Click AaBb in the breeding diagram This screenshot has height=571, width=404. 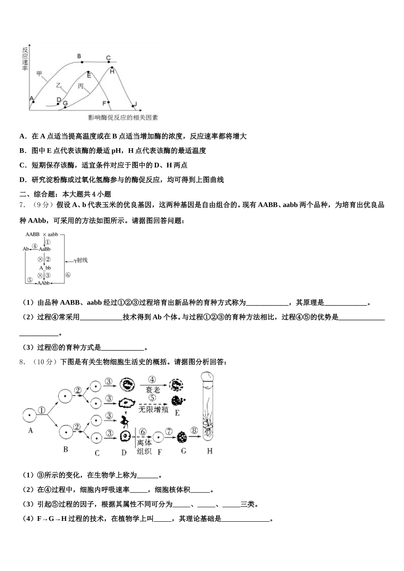click(45, 249)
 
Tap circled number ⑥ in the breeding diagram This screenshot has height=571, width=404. click(68, 275)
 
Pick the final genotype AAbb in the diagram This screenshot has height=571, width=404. click(44, 283)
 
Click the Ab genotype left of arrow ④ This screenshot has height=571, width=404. click(26, 249)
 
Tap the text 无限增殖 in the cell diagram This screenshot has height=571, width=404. click(154, 410)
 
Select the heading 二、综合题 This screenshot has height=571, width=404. click(37, 194)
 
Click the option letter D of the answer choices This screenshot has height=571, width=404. click(23, 180)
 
